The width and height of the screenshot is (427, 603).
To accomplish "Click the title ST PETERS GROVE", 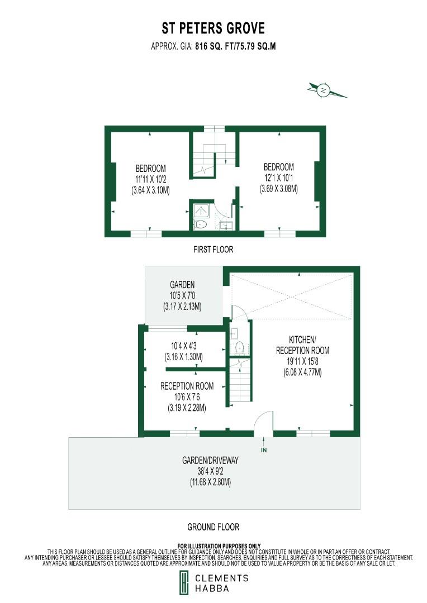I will click(x=214, y=28).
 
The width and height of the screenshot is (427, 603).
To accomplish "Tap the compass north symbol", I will click(x=323, y=89).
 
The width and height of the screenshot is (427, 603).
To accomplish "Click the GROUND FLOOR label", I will click(x=213, y=527).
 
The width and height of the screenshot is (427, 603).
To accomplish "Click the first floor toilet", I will click(x=201, y=224).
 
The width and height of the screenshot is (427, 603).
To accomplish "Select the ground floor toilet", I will click(x=239, y=347).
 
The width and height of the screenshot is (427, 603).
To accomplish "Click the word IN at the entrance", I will click(x=263, y=449).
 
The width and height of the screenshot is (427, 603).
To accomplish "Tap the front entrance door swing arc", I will click(x=263, y=422).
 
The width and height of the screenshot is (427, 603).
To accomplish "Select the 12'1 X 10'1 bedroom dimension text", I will click(x=279, y=178).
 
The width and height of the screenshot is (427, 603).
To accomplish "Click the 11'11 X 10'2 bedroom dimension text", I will click(x=150, y=179).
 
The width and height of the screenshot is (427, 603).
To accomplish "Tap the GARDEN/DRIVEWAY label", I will click(x=210, y=461).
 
